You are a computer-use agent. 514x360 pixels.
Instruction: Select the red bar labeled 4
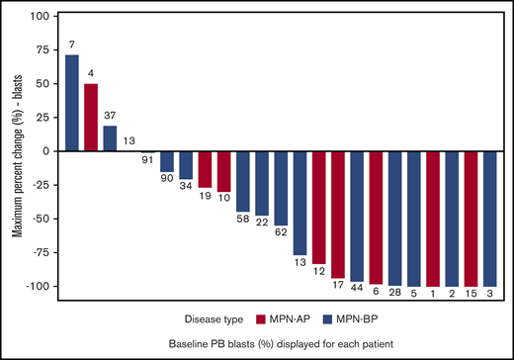coord(91,118)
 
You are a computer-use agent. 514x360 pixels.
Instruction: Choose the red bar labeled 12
coord(319,208)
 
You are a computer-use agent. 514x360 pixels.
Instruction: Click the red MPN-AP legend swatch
coord(265,318)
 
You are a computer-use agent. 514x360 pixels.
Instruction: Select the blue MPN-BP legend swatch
coord(331,318)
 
